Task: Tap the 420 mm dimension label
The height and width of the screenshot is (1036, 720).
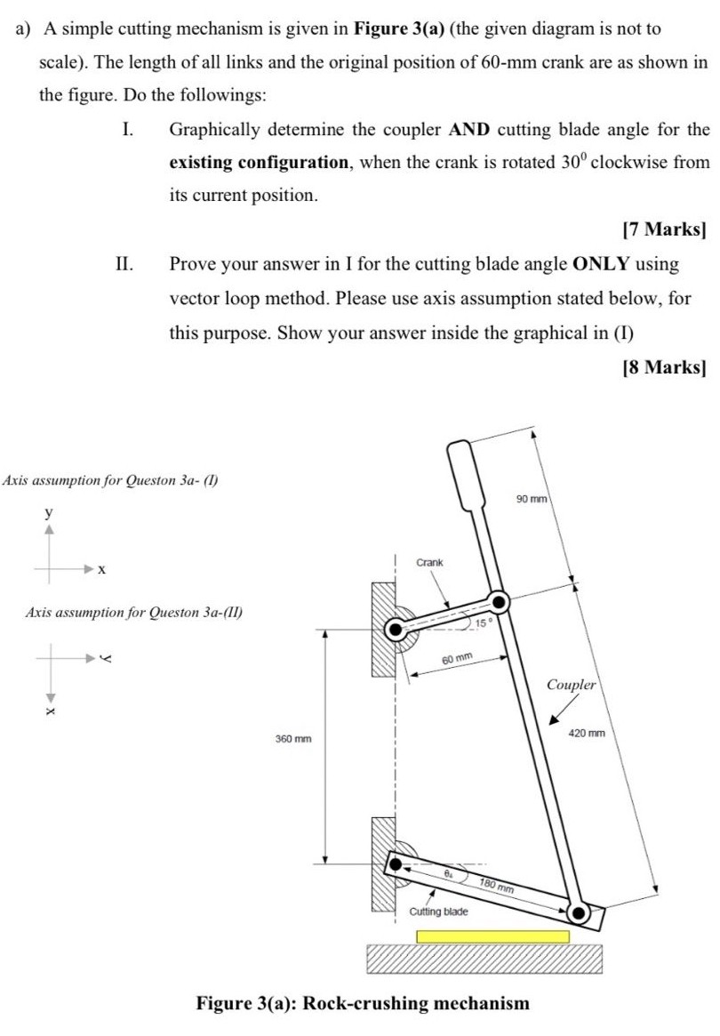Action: click(588, 734)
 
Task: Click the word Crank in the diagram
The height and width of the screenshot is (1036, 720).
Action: click(429, 563)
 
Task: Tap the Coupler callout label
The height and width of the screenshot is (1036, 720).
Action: click(571, 685)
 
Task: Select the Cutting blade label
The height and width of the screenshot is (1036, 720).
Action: click(438, 912)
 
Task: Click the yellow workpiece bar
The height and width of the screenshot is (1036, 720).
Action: click(492, 936)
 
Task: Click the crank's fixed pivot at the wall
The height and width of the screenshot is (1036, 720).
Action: click(395, 630)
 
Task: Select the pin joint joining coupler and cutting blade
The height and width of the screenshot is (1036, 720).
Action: click(579, 912)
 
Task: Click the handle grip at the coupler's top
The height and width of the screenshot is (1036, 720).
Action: click(464, 471)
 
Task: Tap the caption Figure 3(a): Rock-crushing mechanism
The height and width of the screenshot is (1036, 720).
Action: click(362, 1003)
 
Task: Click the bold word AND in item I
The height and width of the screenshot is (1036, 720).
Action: click(472, 130)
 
